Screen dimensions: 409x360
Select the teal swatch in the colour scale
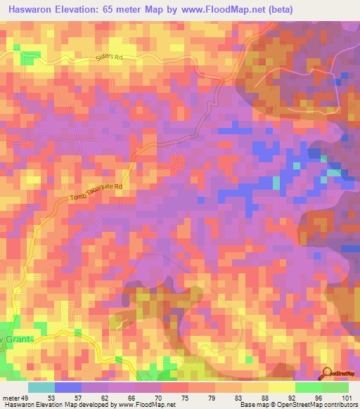pos(41,387)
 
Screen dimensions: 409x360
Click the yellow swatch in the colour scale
pos(281,387)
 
